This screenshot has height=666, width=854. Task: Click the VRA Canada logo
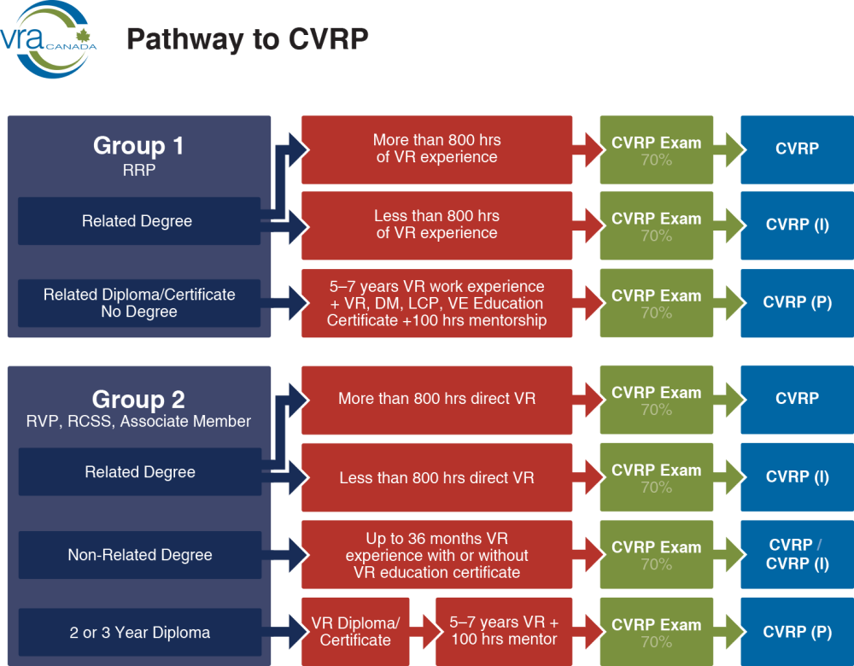[48, 39]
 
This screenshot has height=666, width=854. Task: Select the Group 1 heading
[138, 146]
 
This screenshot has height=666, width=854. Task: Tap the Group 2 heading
[138, 399]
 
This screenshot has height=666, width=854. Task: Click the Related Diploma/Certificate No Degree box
[139, 303]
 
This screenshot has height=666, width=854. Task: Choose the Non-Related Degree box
[139, 555]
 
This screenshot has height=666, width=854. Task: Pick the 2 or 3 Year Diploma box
[139, 633]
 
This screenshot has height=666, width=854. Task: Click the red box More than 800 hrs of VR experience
[436, 149]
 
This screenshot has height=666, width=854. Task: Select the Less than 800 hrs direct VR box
[436, 478]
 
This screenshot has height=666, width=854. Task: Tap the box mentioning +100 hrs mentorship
[436, 303]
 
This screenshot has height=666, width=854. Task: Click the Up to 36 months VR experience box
[436, 555]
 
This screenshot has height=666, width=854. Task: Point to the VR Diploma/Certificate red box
[354, 632]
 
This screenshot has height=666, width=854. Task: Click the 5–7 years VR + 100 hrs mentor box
[503, 632]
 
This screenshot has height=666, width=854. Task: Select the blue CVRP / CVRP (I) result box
[796, 554]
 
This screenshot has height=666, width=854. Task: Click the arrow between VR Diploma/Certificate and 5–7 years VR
[422, 632]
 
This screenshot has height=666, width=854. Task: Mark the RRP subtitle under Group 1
[138, 170]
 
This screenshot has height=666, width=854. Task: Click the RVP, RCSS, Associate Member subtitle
[138, 421]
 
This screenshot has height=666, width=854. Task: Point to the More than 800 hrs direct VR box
[436, 399]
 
